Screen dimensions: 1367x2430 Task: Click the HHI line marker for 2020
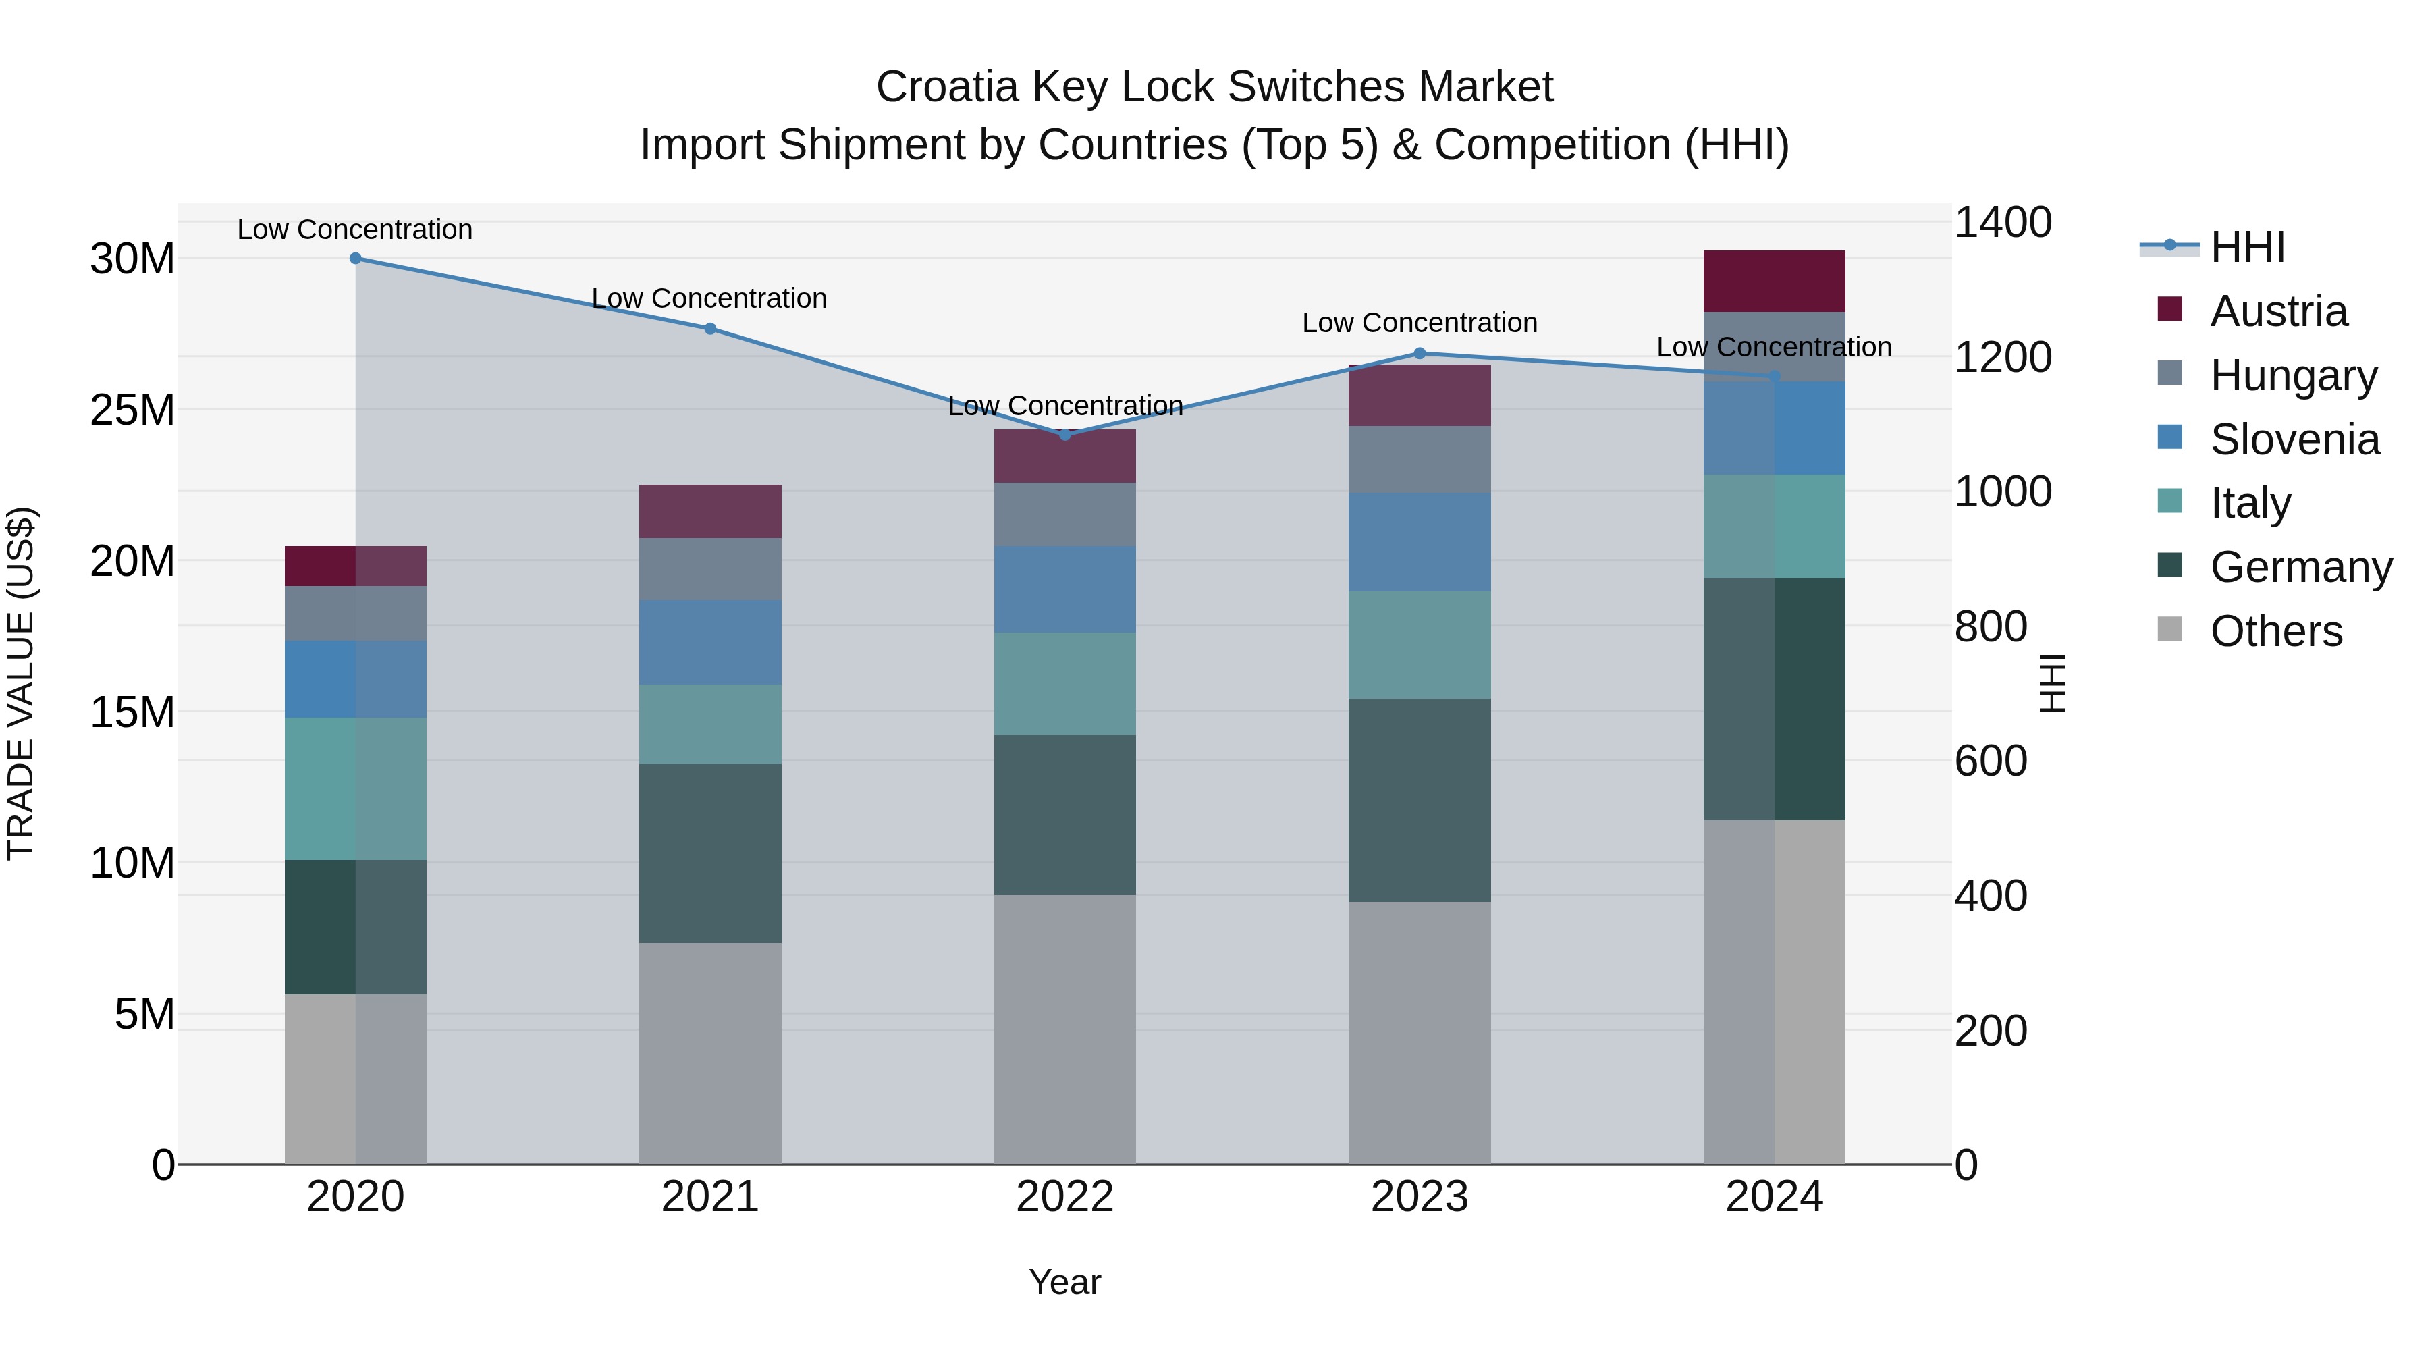[x=356, y=259]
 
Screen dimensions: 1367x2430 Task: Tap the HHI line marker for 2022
[x=1065, y=435]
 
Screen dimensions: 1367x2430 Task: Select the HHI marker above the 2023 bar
[x=1420, y=354]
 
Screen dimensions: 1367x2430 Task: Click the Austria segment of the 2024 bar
[x=1773, y=281]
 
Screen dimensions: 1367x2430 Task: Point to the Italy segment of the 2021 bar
[x=710, y=724]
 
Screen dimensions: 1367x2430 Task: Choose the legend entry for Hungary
[x=2293, y=375]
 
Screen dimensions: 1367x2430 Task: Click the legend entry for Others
[x=2275, y=631]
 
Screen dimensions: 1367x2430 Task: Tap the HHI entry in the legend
[x=2247, y=247]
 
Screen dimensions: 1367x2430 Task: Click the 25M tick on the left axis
[x=133, y=410]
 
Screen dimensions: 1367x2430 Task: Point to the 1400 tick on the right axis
[x=2002, y=223]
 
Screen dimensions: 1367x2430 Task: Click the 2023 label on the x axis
[x=1419, y=1197]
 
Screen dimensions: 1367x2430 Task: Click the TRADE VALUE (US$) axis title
[x=21, y=683]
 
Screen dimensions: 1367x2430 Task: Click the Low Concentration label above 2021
[x=709, y=298]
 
